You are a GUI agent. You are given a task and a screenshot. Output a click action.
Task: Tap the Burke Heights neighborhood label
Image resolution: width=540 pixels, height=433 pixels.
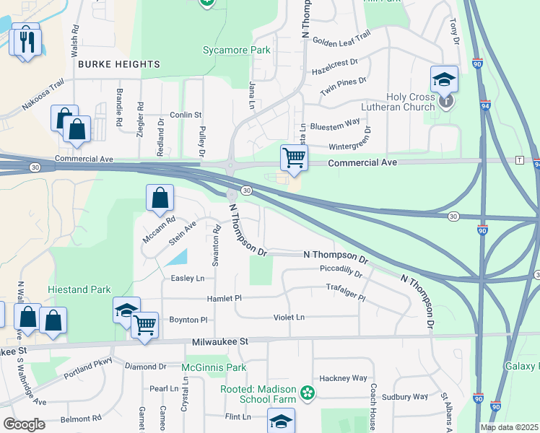click(118, 64)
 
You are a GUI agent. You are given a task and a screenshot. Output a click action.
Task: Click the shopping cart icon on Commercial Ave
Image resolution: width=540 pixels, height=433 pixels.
click(294, 157)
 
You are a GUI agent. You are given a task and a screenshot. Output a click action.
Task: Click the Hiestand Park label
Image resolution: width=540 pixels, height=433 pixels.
click(79, 290)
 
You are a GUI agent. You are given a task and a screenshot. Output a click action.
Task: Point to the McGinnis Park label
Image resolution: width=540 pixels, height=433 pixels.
click(214, 367)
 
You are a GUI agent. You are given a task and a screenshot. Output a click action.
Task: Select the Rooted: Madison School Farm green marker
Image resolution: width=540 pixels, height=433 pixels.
click(308, 393)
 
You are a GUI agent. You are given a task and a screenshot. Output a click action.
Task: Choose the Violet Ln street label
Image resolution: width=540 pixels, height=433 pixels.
click(289, 317)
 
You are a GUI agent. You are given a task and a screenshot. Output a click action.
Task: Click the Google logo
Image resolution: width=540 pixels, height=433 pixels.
click(23, 424)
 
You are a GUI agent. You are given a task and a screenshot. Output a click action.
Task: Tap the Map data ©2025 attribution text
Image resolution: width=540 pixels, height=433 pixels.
click(509, 427)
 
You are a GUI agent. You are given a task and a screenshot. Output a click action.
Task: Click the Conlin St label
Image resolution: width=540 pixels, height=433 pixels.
click(186, 115)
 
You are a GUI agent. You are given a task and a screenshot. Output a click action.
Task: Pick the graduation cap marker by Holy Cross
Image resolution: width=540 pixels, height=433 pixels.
click(445, 79)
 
